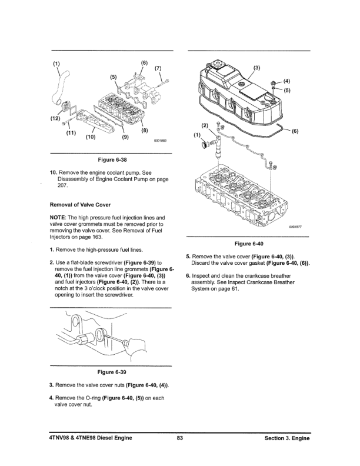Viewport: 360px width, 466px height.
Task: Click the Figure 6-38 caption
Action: click(x=111, y=159)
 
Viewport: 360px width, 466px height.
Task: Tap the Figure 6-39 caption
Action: click(x=111, y=371)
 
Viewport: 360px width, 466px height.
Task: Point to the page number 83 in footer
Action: click(x=181, y=438)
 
